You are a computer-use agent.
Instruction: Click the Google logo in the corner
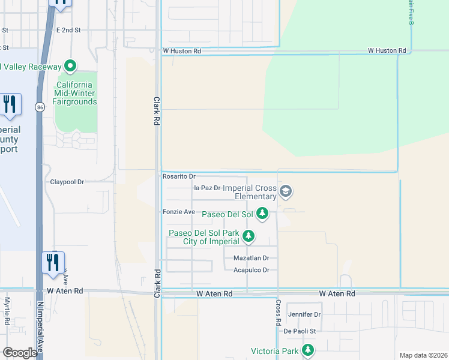[19, 353]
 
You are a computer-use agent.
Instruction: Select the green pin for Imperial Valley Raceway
[70, 66]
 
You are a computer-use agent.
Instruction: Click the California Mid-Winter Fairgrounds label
[77, 93]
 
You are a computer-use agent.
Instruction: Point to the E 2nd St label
[68, 29]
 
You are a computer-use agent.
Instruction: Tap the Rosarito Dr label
[179, 176]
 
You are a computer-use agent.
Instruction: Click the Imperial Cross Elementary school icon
[286, 192]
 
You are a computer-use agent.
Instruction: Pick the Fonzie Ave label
[179, 212]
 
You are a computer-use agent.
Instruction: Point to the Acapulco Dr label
[255, 270]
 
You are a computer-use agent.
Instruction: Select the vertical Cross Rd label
[279, 313]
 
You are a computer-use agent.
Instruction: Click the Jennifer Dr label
[304, 314]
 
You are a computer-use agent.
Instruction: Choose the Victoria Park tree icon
[308, 349]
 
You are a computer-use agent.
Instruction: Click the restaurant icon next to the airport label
[10, 104]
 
